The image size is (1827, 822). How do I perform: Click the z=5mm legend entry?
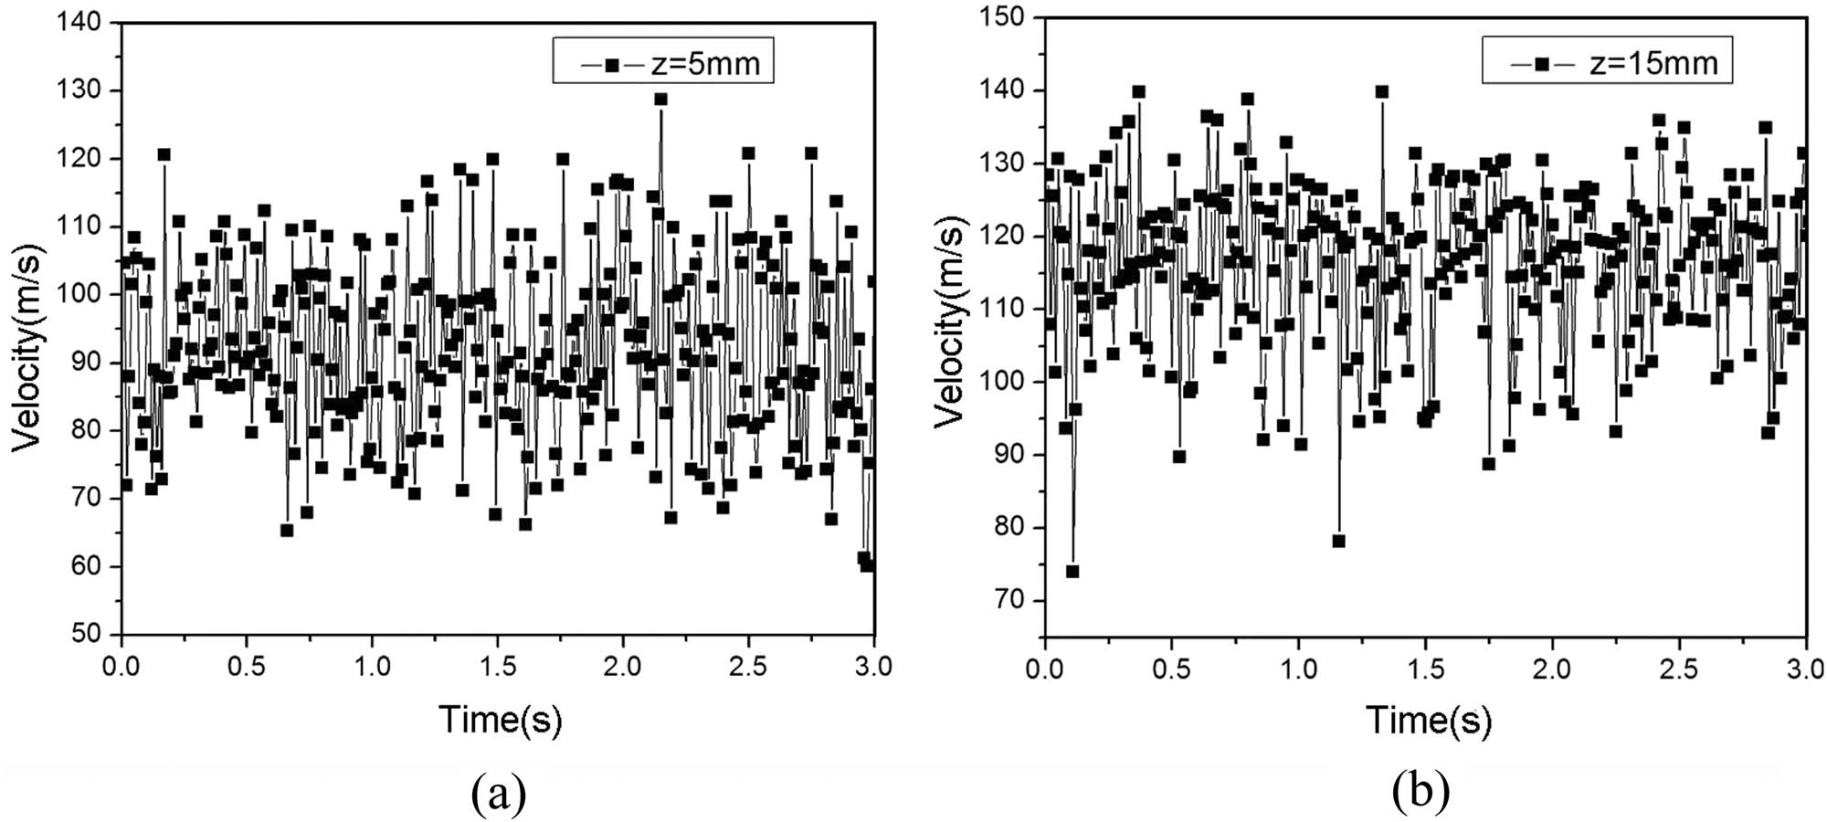click(x=664, y=62)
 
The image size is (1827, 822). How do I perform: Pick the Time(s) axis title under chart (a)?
click(x=501, y=720)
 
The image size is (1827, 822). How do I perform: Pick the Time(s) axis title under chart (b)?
click(x=1428, y=720)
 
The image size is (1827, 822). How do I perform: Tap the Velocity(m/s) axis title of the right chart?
click(x=951, y=324)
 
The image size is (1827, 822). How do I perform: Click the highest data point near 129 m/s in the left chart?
click(x=660, y=100)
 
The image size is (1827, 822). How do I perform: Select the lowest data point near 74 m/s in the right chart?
click(x=1072, y=572)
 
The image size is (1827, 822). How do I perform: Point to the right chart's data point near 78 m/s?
click(x=1338, y=541)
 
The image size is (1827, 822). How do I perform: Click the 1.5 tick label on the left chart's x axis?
click(x=497, y=667)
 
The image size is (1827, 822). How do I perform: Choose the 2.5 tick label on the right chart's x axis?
click(x=1679, y=669)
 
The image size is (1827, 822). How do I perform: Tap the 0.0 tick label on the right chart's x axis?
click(x=1045, y=669)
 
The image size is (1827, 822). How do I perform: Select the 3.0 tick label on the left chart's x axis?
click(x=873, y=667)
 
